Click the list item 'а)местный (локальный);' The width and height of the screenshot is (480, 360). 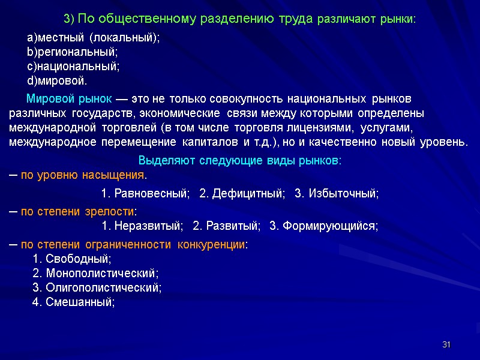click(94, 37)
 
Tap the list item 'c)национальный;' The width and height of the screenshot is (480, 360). click(74, 66)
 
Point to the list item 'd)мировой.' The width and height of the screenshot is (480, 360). click(58, 80)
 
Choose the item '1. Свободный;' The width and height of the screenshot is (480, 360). click(71, 259)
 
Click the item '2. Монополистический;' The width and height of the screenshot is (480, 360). click(95, 274)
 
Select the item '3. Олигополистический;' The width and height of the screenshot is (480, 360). click(97, 288)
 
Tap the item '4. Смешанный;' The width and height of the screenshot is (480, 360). click(73, 302)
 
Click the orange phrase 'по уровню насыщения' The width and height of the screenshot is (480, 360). click(83, 176)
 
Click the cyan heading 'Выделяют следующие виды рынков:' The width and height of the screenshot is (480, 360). click(240, 161)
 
